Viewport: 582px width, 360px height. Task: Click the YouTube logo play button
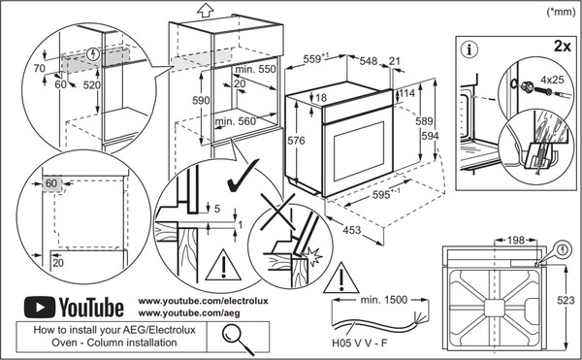tap(37, 308)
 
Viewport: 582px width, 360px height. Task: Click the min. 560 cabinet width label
tap(238, 121)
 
